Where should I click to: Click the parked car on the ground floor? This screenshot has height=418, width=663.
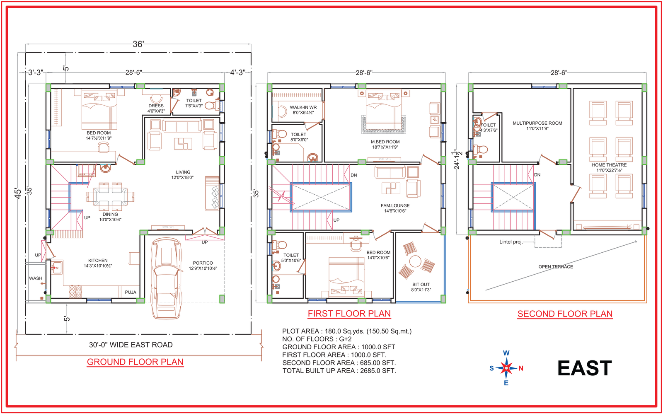tap(166, 278)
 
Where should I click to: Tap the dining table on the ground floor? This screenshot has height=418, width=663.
tap(110, 196)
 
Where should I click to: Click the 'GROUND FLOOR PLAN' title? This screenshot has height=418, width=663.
tap(135, 362)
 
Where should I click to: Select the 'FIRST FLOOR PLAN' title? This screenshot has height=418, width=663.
tap(349, 314)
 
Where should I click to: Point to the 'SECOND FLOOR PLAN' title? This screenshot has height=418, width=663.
tap(565, 314)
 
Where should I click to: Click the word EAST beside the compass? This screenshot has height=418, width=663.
tap(584, 368)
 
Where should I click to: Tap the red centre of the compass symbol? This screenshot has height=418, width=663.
tap(506, 367)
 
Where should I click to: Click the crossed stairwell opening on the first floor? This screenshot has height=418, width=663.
tap(321, 197)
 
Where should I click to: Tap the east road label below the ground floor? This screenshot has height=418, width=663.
tap(131, 345)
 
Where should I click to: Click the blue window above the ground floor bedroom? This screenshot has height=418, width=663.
tap(122, 86)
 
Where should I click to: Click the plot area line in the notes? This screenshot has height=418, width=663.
tap(347, 331)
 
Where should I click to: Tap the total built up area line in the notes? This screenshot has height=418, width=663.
tap(339, 370)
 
